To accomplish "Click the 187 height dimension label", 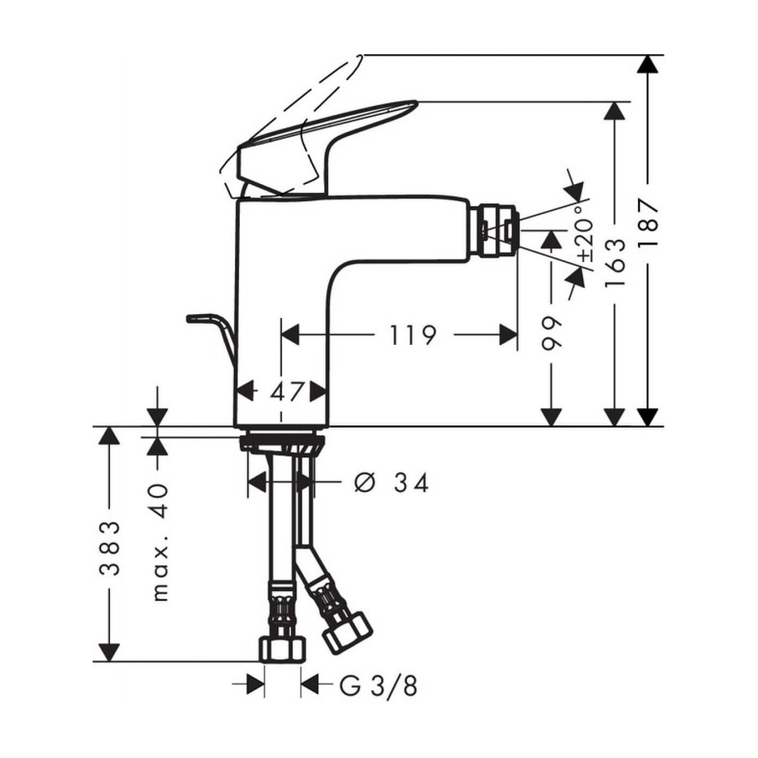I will pyautogui.click(x=648, y=223).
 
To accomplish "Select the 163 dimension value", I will pyautogui.click(x=615, y=263).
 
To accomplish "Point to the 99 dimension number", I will pyautogui.click(x=552, y=335).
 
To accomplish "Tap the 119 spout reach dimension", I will pyautogui.click(x=413, y=335).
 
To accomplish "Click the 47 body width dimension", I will pyautogui.click(x=286, y=391).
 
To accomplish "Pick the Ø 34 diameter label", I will pyautogui.click(x=391, y=482).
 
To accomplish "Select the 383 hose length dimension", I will pyautogui.click(x=110, y=548).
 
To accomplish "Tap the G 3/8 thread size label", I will pyautogui.click(x=378, y=686).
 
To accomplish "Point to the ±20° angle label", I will pyautogui.click(x=585, y=233).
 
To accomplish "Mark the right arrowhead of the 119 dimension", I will pyautogui.click(x=508, y=335).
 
